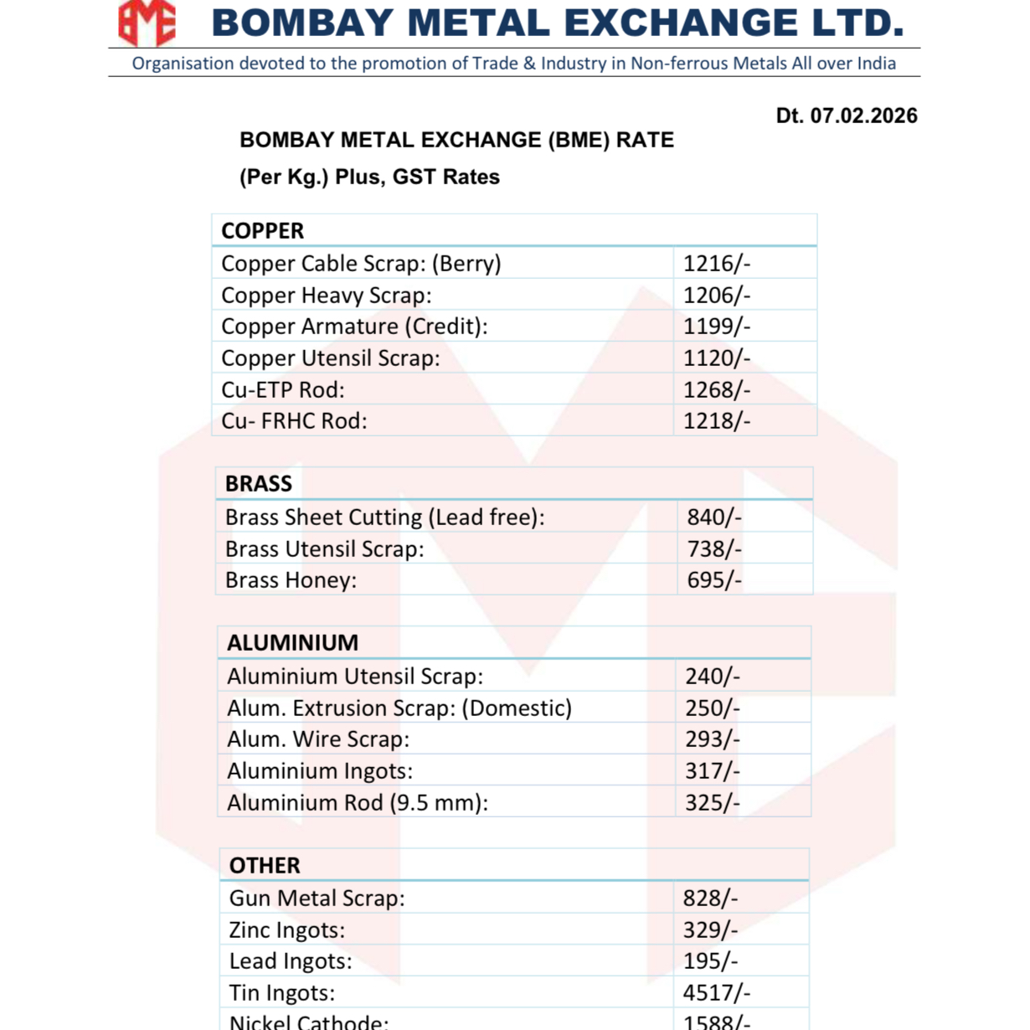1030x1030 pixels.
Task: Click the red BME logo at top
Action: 147,23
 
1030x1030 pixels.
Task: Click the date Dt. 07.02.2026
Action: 846,116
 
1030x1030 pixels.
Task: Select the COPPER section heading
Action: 262,230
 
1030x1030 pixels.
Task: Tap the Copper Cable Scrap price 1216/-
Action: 716,263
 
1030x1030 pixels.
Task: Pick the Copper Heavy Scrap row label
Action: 326,295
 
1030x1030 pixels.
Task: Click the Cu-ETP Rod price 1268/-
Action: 716,389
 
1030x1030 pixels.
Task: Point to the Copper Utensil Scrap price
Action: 716,358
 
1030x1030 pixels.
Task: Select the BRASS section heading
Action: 258,483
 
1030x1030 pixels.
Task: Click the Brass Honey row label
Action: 291,579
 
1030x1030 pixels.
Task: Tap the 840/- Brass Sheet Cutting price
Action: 713,517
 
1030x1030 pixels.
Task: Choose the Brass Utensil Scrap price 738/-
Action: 713,548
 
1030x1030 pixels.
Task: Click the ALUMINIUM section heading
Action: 292,642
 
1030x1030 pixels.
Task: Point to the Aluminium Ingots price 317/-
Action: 712,770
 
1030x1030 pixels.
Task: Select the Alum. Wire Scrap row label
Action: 317,739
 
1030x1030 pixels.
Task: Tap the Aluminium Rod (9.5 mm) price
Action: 712,802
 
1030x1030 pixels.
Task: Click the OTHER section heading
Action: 264,865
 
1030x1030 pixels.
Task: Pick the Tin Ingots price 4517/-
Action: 716,992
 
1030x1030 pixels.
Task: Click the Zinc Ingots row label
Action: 286,930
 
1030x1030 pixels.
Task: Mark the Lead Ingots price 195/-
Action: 710,960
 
